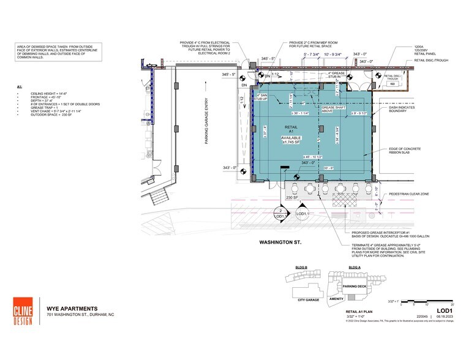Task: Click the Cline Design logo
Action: coord(24,311)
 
